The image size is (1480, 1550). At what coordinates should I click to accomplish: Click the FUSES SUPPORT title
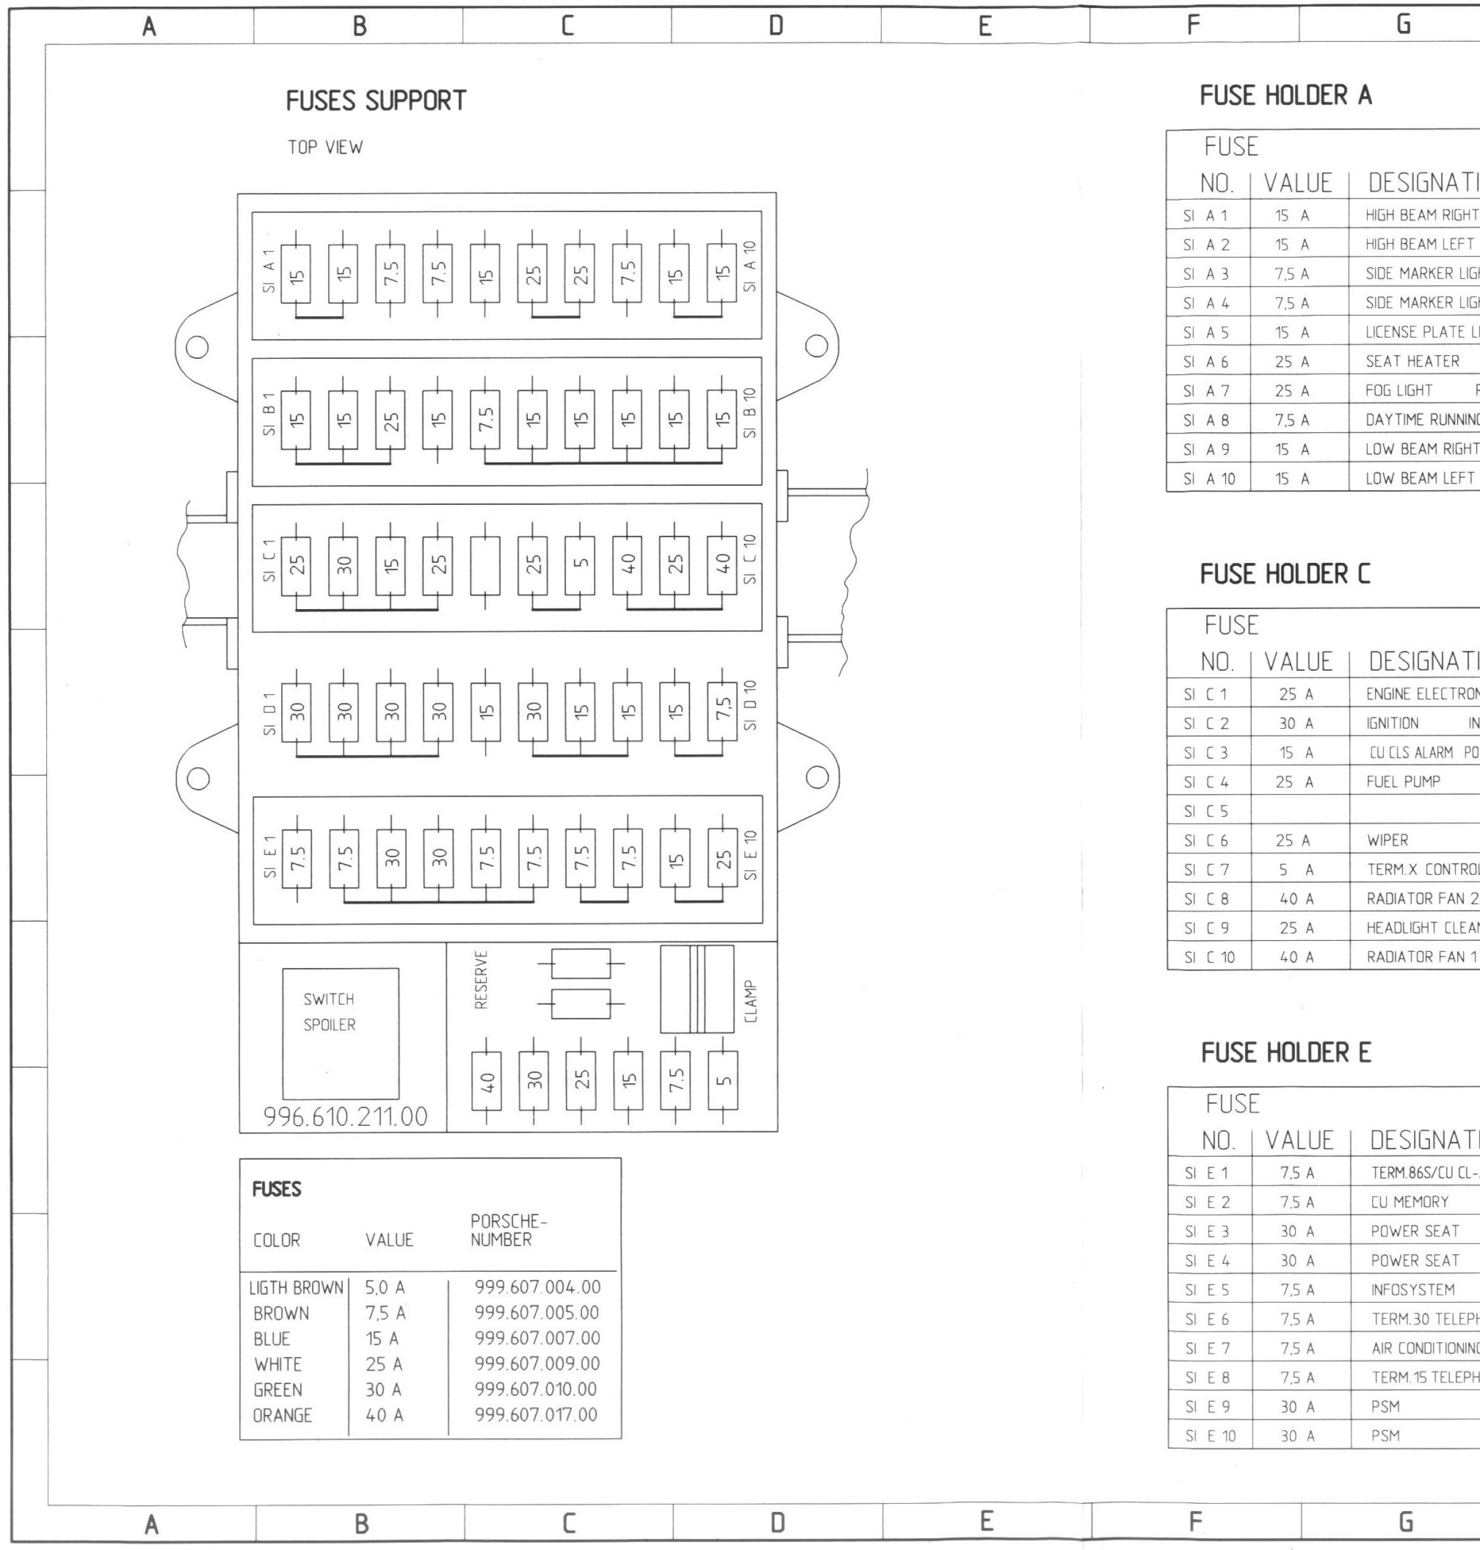pos(376,101)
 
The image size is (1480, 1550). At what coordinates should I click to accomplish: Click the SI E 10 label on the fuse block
pos(750,855)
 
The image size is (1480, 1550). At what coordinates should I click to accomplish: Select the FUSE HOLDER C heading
pos(1285,574)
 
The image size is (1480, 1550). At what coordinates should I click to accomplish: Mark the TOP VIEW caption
pos(325,147)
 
